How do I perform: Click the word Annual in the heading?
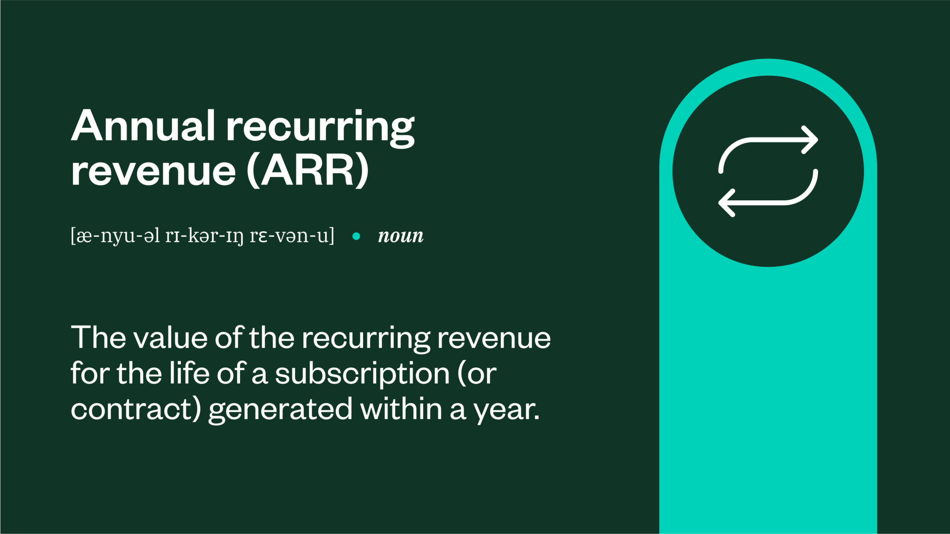143,126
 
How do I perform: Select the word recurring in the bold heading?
320,127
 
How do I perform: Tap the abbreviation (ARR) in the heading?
308,171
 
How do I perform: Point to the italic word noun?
401,236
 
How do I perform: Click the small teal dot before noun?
356,236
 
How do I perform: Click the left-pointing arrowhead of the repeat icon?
726,203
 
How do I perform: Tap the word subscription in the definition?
362,374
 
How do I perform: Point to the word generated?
280,410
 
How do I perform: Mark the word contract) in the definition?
136,409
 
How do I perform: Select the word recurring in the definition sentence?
366,338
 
